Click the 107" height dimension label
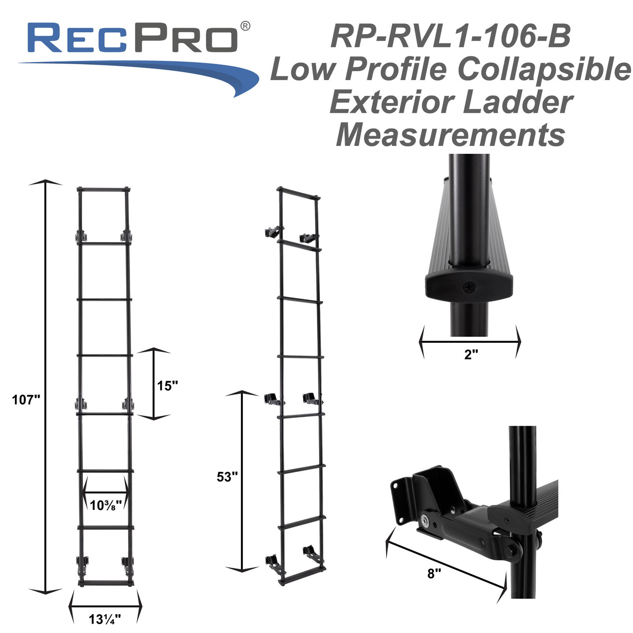point(26,400)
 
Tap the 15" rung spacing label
point(168,386)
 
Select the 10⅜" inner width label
point(105,505)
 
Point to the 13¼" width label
point(105,618)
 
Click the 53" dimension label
point(227,477)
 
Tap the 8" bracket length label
point(434,574)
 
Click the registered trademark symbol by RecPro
point(245,26)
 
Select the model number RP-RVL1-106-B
point(451,37)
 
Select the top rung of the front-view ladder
point(104,189)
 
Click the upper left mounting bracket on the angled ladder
point(272,232)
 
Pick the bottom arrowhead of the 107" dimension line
point(45,590)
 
